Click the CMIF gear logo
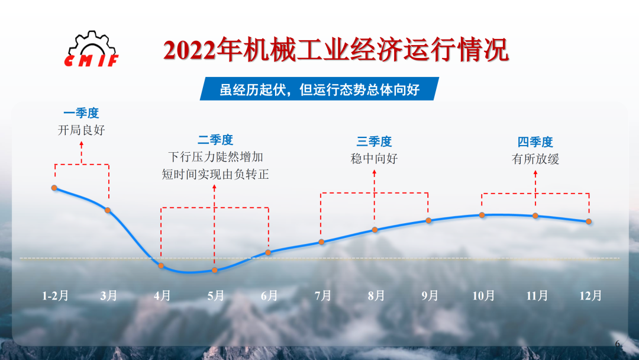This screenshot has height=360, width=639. click(x=92, y=49)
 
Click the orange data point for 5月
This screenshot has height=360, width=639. click(x=215, y=270)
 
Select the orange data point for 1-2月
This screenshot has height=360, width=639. click(x=54, y=188)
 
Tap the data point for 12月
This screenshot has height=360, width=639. click(x=589, y=221)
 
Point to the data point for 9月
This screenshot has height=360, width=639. click(x=428, y=221)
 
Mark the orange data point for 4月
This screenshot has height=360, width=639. click(x=161, y=266)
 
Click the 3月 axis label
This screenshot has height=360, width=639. click(x=108, y=295)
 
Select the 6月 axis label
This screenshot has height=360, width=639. click(x=269, y=295)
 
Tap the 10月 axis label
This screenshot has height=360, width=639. click(x=483, y=295)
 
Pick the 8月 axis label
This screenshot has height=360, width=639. click(x=376, y=295)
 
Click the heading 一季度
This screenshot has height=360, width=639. click(x=81, y=113)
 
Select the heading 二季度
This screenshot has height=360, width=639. click(x=215, y=140)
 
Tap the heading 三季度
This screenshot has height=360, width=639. click(x=374, y=142)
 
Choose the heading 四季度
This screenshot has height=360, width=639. click(x=535, y=142)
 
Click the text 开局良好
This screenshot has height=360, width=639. click(x=82, y=130)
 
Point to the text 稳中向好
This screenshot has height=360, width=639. click(x=374, y=159)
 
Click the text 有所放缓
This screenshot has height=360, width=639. click(x=535, y=159)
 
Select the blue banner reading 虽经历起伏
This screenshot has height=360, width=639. click(x=319, y=89)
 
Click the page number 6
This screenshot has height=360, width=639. click(x=617, y=343)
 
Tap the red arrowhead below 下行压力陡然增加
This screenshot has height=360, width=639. click(x=214, y=187)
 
